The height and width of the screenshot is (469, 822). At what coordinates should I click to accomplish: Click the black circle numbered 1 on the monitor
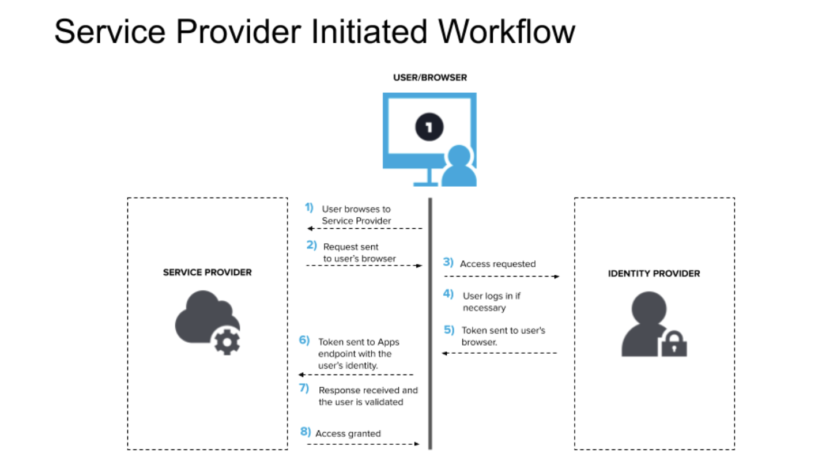[x=429, y=127]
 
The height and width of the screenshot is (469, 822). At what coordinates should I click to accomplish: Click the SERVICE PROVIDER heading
[x=207, y=272]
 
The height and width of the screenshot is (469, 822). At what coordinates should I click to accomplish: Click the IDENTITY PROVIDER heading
[x=654, y=273]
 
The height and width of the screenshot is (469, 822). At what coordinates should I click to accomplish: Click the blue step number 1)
[x=309, y=207]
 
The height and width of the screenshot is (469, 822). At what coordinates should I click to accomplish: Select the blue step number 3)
[x=448, y=263]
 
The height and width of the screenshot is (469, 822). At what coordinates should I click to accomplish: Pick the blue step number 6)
[x=304, y=340]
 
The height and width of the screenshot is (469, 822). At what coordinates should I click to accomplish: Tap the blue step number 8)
[x=306, y=432]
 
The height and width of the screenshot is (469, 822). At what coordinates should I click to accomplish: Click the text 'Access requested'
[x=497, y=264]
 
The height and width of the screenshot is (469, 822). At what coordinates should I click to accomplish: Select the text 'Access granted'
[x=348, y=433]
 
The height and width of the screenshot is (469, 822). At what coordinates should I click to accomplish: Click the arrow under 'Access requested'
[x=502, y=277]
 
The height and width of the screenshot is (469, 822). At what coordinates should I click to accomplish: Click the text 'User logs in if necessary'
[x=491, y=301]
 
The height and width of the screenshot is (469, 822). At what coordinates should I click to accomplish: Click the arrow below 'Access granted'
[x=363, y=444]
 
